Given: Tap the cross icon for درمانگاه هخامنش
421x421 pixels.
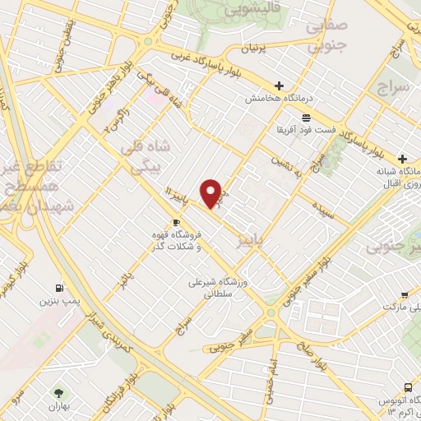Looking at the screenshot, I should click(x=280, y=86).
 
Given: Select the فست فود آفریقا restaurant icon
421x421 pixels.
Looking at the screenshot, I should click(x=306, y=118).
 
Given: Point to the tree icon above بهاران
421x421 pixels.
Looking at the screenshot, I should click(x=58, y=392).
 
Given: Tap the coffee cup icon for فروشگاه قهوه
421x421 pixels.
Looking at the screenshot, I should click(x=176, y=223).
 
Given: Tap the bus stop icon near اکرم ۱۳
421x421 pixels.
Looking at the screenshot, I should click(x=409, y=387).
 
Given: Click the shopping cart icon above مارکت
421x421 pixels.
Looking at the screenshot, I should click(x=405, y=295).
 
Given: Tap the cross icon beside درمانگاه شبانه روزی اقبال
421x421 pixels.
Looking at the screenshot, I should click(x=402, y=158).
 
